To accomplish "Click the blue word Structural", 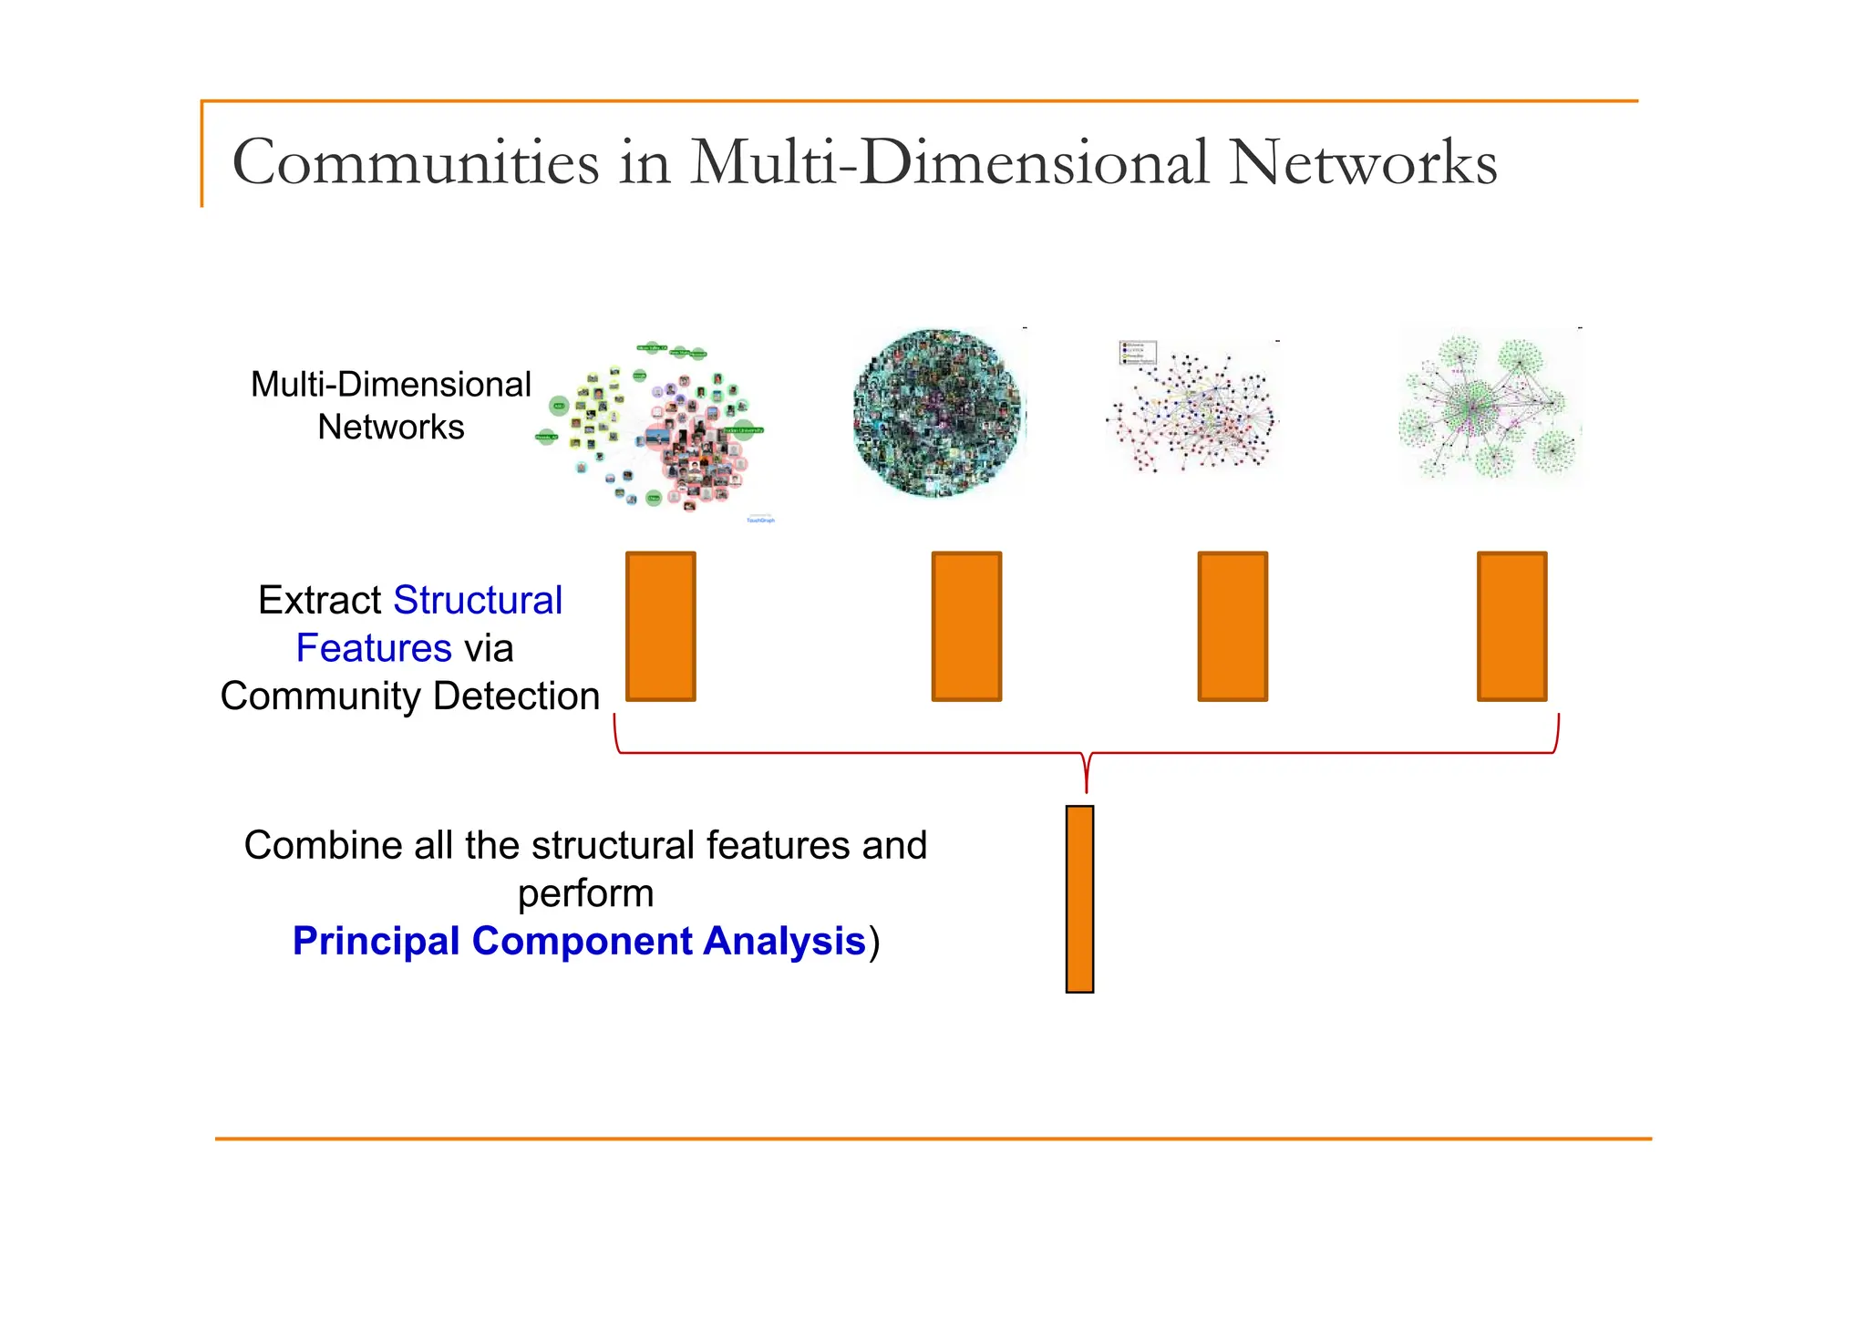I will (478, 601).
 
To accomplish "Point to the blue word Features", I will (374, 648).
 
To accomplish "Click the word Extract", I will (319, 601).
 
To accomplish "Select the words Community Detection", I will (409, 696).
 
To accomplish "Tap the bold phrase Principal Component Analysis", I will (579, 941).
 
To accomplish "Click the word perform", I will (585, 893).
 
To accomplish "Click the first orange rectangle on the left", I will (661, 626).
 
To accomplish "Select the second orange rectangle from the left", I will (966, 626).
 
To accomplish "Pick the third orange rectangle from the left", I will (1233, 626).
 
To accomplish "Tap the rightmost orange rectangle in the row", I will (1511, 626).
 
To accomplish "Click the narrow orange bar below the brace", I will (1079, 899).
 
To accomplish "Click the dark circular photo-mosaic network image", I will (939, 413).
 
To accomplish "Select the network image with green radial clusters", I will (1491, 407).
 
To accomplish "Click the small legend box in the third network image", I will (1137, 353).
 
